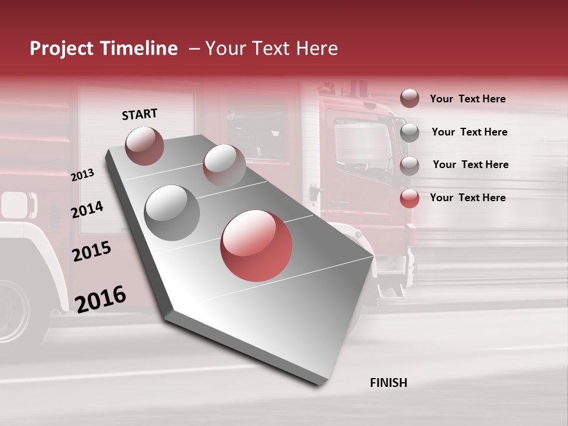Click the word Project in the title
[x=61, y=49]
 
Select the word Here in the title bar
[x=317, y=49]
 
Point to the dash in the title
[x=194, y=49]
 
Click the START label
[x=140, y=114]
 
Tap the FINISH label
[x=388, y=383]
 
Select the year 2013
[x=82, y=175]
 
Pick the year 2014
[x=87, y=209]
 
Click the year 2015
[x=92, y=251]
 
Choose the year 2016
[x=101, y=299]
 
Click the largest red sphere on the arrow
[x=256, y=246]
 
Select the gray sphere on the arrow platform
[x=172, y=212]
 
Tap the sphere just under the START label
[x=145, y=146]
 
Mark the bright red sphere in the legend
[x=409, y=198]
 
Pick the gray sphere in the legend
[x=409, y=133]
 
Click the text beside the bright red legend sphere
[x=467, y=198]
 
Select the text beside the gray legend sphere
[x=469, y=132]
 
